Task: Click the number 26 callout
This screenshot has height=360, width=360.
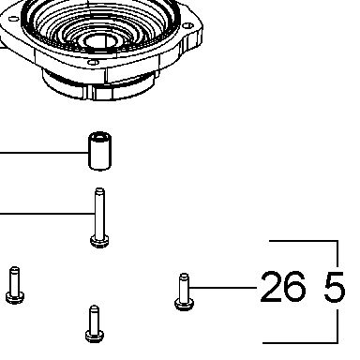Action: [283, 287]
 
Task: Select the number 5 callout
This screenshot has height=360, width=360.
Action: [335, 287]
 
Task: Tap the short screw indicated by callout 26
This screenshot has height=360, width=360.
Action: [184, 292]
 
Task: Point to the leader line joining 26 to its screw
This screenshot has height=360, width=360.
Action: [223, 287]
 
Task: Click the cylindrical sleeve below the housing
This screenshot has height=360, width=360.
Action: [99, 151]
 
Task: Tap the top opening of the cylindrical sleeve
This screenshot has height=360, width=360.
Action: [99, 137]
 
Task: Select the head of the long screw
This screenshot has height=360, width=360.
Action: [99, 241]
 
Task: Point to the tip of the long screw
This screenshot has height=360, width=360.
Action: [99, 189]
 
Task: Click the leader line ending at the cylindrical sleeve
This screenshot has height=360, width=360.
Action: [44, 153]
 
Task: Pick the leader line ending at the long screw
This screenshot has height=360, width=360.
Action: [47, 214]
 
